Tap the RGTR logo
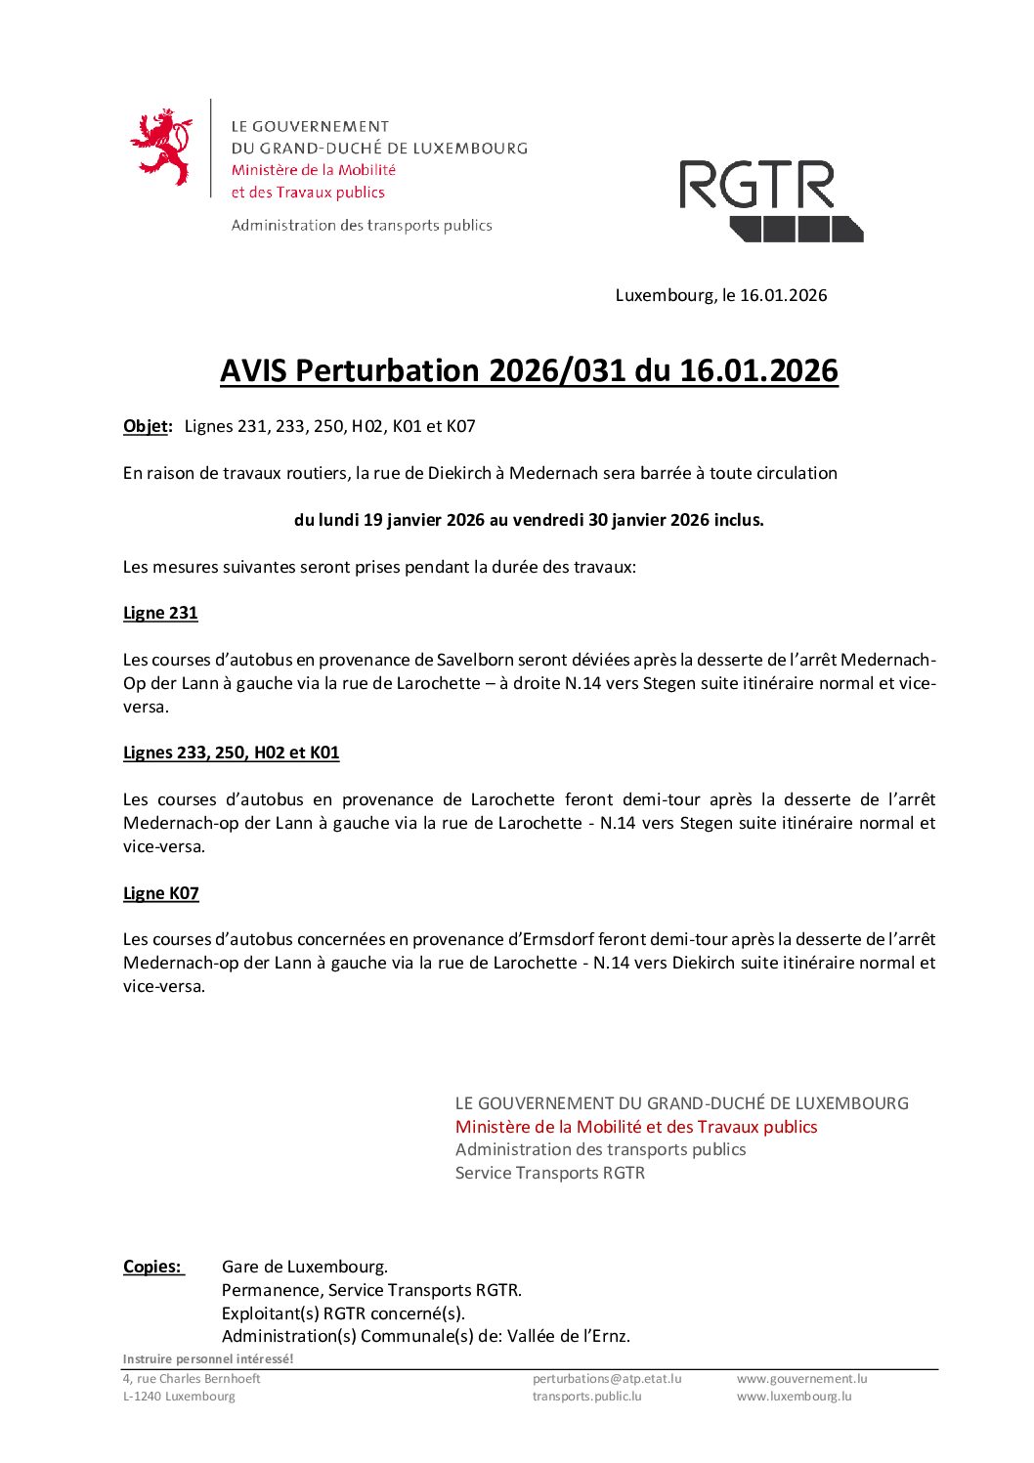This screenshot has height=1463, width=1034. coord(771,200)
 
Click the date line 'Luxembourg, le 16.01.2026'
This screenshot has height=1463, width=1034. coord(720,295)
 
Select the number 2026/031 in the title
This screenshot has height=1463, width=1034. coord(557,371)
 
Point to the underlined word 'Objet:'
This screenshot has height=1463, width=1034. coord(148,426)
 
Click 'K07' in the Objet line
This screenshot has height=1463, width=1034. coord(460,426)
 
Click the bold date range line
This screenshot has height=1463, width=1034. coord(529,520)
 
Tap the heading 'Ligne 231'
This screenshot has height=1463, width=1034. coord(160,613)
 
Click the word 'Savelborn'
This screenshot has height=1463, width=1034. coord(475,660)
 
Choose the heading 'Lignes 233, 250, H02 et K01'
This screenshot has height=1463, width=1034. coord(231,753)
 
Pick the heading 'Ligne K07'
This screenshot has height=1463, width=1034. coord(160,893)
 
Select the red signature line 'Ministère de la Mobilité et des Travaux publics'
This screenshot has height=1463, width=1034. coord(636,1127)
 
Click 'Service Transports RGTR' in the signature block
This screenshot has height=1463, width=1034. coord(550,1173)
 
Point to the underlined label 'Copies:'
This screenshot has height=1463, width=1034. coord(152,1267)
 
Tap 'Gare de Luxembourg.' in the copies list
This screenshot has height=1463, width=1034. coord(305,1267)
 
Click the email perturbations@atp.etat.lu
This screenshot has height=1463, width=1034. coord(607,1379)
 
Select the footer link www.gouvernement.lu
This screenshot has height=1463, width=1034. coord(801,1379)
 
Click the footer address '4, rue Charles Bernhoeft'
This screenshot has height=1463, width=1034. coord(192,1379)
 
